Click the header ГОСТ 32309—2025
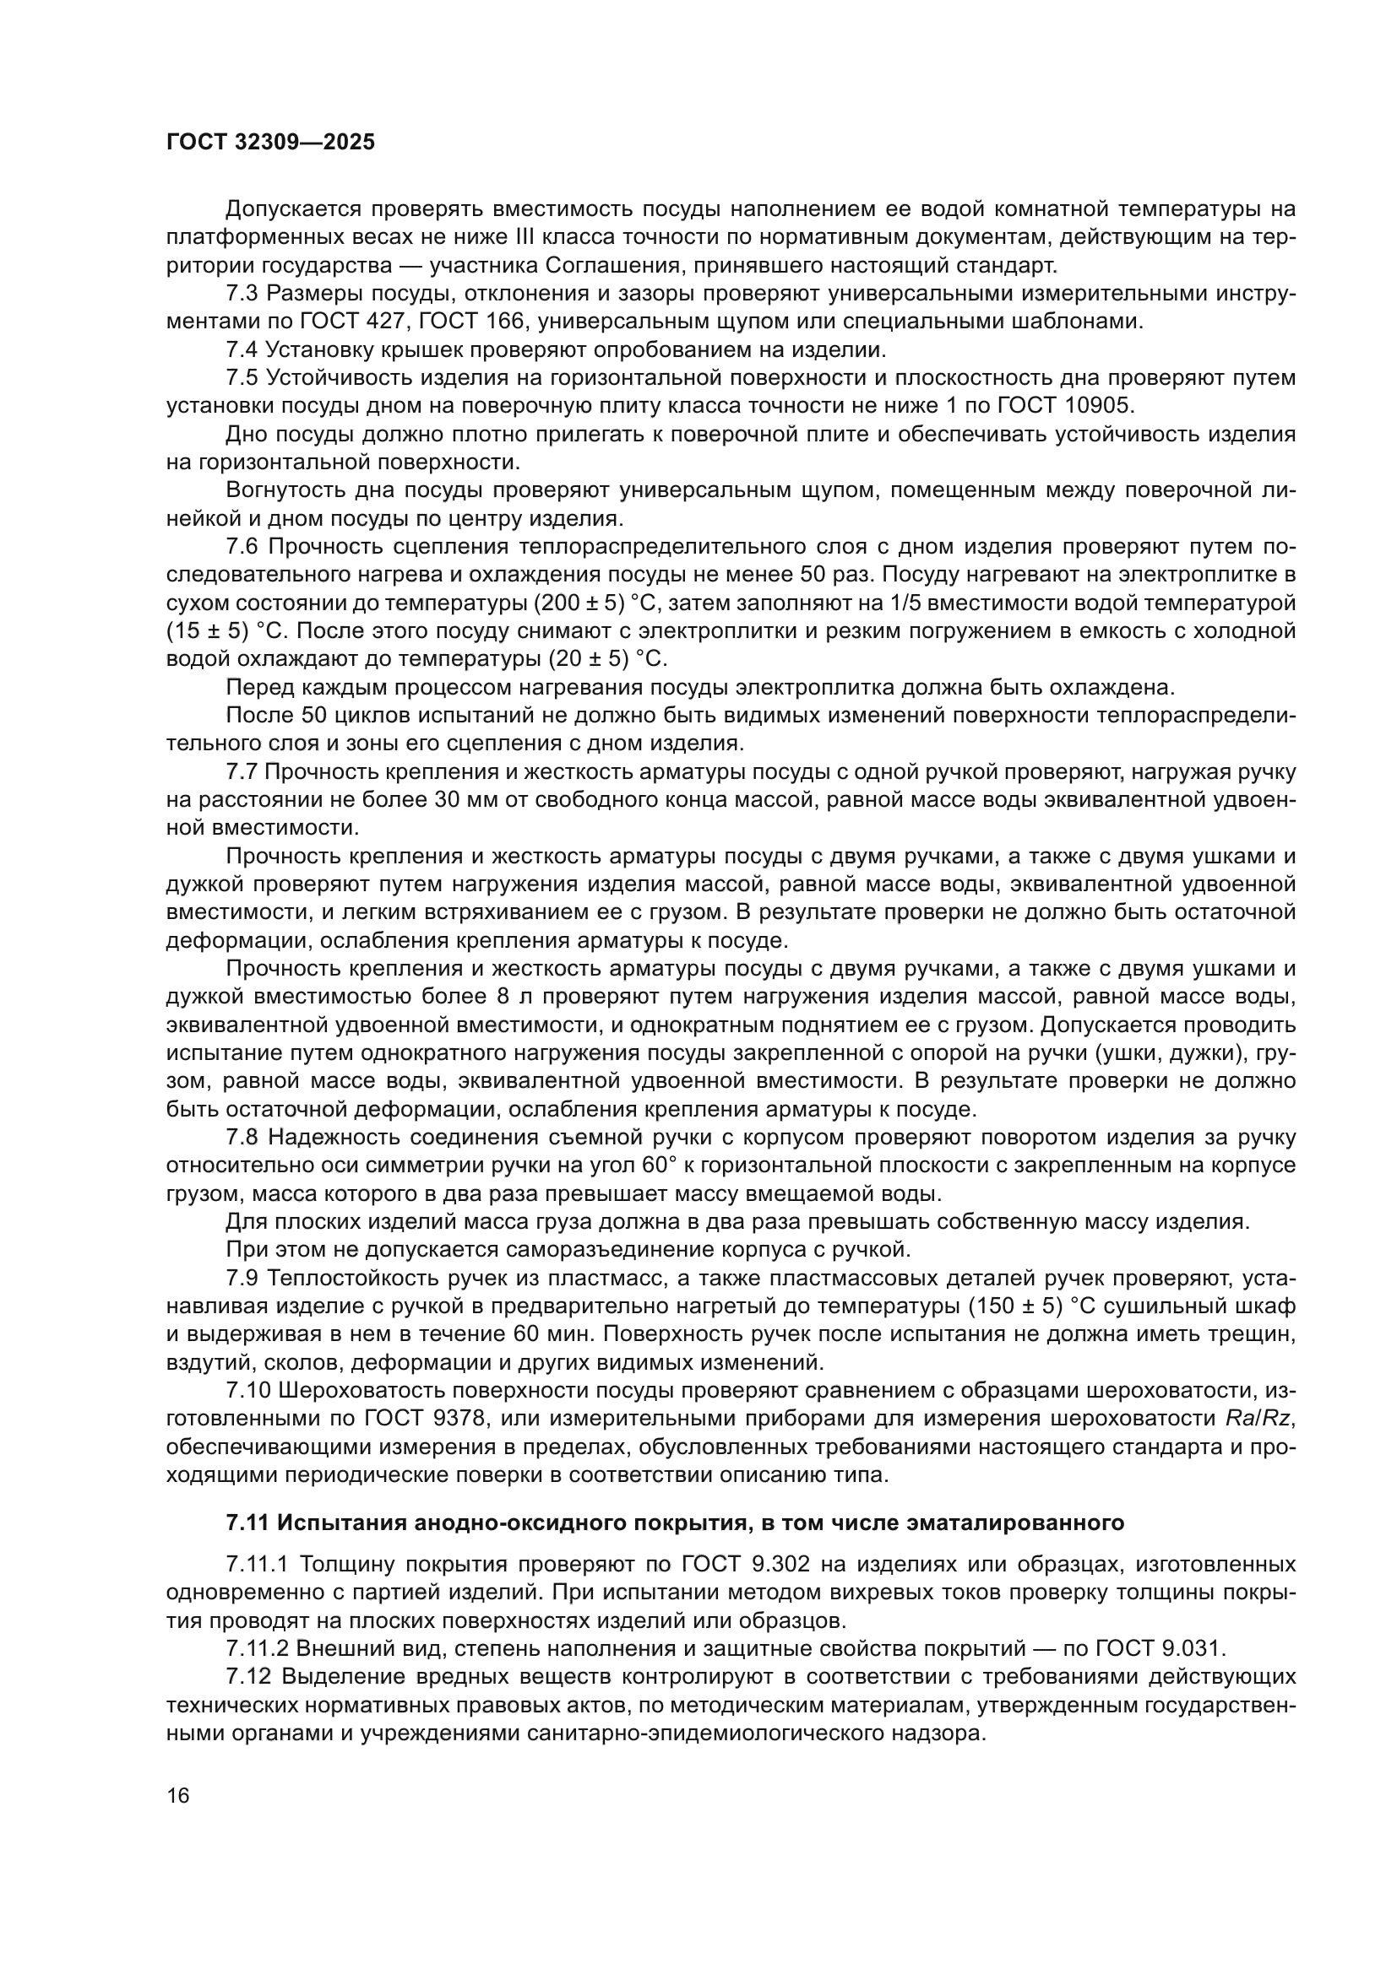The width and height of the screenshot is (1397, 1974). [270, 143]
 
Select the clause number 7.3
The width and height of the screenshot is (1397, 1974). [242, 293]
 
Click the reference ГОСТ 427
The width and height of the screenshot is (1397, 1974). [339, 322]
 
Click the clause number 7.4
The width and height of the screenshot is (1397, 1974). [242, 350]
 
